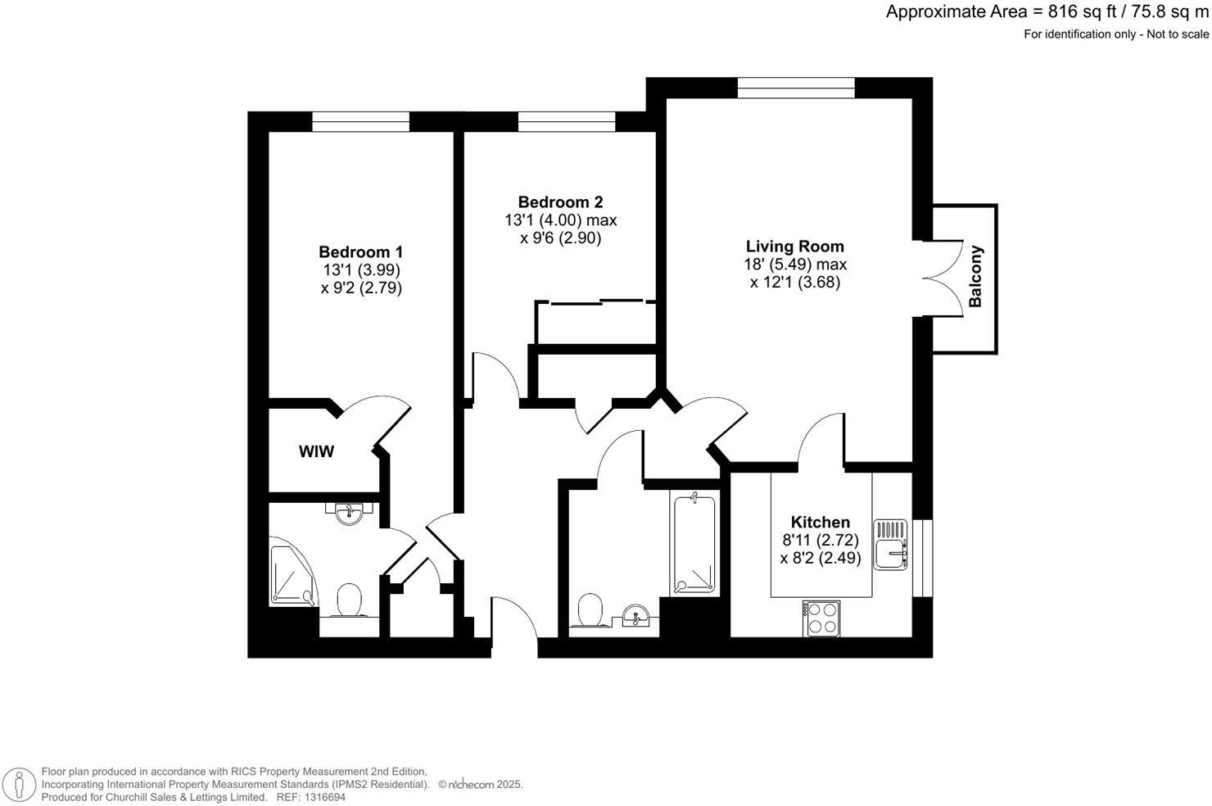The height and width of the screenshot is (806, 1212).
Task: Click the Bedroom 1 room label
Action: (360, 252)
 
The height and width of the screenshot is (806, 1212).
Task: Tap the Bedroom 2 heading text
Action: (560, 202)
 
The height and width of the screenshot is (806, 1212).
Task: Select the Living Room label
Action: (794, 247)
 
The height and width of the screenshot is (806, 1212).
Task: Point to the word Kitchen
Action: (820, 523)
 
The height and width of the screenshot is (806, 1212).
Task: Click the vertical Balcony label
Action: (975, 277)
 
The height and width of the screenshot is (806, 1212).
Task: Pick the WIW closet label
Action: (316, 451)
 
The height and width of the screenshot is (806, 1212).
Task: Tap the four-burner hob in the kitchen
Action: (821, 618)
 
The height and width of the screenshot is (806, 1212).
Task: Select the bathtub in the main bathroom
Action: (694, 543)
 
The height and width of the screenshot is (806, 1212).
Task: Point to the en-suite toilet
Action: (350, 600)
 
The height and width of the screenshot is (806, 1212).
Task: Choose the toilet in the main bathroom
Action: (590, 611)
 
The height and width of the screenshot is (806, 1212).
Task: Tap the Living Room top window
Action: (796, 88)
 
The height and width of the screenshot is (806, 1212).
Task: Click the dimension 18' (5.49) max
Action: (794, 265)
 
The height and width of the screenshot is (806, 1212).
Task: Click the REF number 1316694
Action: (323, 797)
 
